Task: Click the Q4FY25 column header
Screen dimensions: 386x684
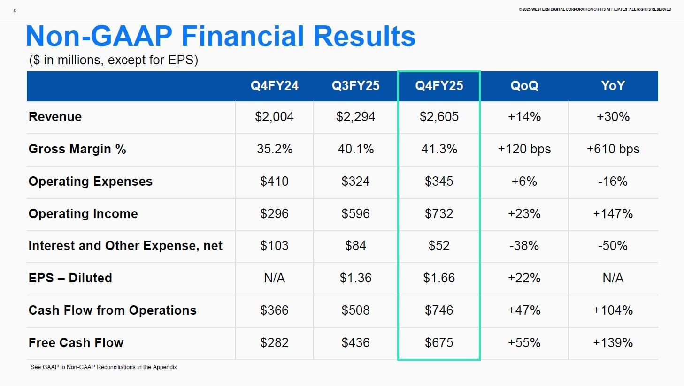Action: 439,86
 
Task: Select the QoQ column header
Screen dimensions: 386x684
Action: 524,86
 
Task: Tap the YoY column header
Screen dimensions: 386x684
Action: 613,86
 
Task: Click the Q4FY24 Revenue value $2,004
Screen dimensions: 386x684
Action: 274,117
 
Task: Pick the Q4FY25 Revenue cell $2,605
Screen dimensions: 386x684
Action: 439,117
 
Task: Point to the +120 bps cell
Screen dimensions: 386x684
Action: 524,149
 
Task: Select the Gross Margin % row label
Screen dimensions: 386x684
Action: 77,149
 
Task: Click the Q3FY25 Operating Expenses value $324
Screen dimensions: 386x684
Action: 355,182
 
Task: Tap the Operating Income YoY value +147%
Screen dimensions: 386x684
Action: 613,214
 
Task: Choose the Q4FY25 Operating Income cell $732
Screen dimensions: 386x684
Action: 439,214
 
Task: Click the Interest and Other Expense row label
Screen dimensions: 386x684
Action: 125,246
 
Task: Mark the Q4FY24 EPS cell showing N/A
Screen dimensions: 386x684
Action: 274,278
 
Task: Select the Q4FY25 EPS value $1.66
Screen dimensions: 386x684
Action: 439,278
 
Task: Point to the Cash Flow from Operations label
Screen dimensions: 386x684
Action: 113,310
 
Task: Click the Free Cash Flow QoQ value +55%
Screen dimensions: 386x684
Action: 524,343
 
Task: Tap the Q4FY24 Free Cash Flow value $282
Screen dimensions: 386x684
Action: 274,343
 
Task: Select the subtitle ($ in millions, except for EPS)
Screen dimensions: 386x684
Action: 114,60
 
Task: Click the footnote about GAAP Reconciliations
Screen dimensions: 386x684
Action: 104,367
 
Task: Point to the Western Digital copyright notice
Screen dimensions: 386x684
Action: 595,9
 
